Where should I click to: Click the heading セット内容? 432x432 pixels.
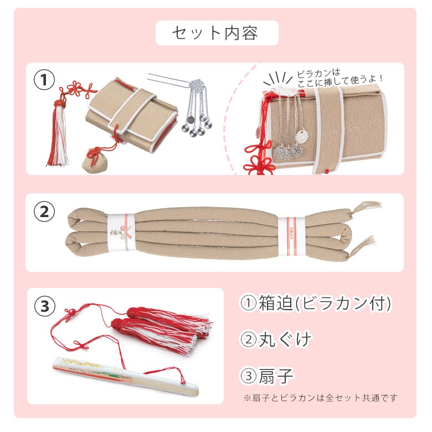(x=215, y=33)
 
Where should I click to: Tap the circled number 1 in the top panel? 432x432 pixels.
(x=44, y=80)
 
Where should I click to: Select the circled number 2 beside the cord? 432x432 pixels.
(x=44, y=212)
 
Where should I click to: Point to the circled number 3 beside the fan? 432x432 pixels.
(x=45, y=306)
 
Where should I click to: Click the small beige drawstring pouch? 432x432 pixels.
(x=93, y=161)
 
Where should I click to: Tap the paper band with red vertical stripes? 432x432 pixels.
(x=291, y=232)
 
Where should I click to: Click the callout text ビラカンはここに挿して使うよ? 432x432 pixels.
(x=340, y=78)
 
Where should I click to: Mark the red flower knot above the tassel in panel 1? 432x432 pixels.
(x=79, y=90)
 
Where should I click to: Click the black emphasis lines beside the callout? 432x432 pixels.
(x=277, y=78)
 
